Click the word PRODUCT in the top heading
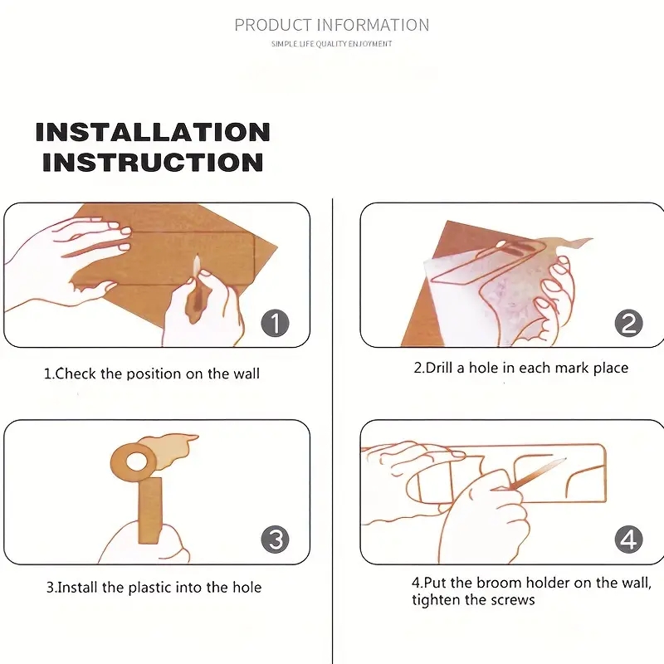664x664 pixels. pyautogui.click(x=273, y=25)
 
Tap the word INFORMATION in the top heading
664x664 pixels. pyautogui.click(x=373, y=25)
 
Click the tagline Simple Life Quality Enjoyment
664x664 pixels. pyautogui.click(x=331, y=44)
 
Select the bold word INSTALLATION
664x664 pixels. pyautogui.click(x=153, y=132)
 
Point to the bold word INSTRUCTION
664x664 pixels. pyautogui.click(x=153, y=163)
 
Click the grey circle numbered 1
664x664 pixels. pyautogui.click(x=276, y=323)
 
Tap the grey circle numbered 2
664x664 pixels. pyautogui.click(x=629, y=323)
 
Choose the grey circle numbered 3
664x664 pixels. pyautogui.click(x=276, y=539)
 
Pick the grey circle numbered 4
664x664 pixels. pyautogui.click(x=629, y=539)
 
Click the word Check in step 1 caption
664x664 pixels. pyautogui.click(x=76, y=373)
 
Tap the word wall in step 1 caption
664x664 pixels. pyautogui.click(x=246, y=373)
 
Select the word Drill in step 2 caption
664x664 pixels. pyautogui.click(x=439, y=368)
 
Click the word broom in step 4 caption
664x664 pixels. pyautogui.click(x=499, y=583)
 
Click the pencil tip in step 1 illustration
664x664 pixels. pyautogui.click(x=197, y=256)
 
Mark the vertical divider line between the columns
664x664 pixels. pyautogui.click(x=333, y=431)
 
